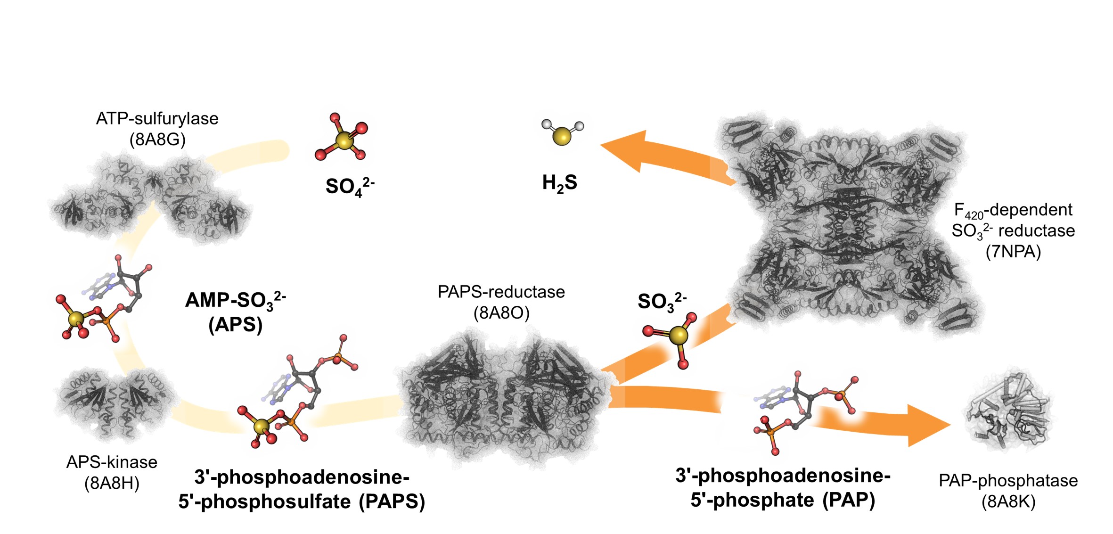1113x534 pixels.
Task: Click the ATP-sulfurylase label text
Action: tap(157, 119)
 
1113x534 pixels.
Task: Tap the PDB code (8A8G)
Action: tap(157, 140)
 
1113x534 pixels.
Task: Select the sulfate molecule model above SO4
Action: tap(343, 138)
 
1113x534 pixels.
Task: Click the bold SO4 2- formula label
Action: tap(349, 187)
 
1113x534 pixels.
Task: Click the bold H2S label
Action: tap(559, 183)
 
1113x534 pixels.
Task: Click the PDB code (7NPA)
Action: tap(1013, 252)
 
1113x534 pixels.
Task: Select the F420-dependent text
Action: tap(1013, 210)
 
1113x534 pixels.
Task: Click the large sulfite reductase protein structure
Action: tap(848, 226)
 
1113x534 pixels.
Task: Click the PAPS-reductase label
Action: tap(501, 292)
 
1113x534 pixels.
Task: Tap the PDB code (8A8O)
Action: tap(501, 313)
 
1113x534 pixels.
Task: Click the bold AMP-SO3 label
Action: tap(235, 300)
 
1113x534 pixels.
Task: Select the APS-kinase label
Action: tap(112, 462)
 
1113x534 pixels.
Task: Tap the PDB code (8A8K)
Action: tap(1008, 502)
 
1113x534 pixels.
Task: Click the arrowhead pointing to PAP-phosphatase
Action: tap(926, 426)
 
